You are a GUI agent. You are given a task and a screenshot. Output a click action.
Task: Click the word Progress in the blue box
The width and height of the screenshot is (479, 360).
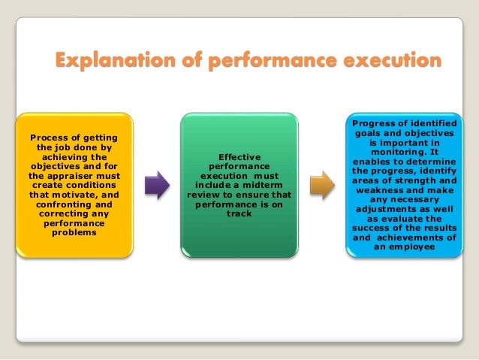click(372, 122)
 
